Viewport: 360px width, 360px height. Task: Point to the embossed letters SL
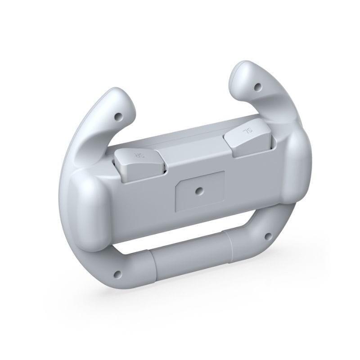(x=248, y=133)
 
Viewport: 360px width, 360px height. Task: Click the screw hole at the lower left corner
(x=118, y=273)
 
